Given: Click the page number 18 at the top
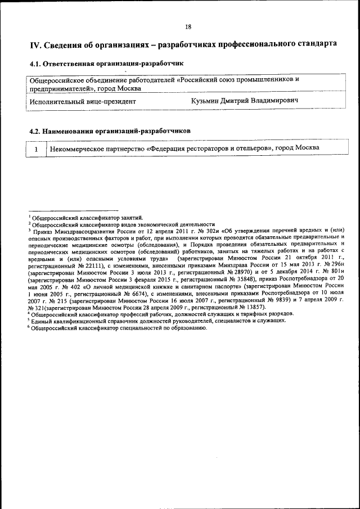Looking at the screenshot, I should [x=188, y=26].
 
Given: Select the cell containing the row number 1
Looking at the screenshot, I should [x=36, y=148].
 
